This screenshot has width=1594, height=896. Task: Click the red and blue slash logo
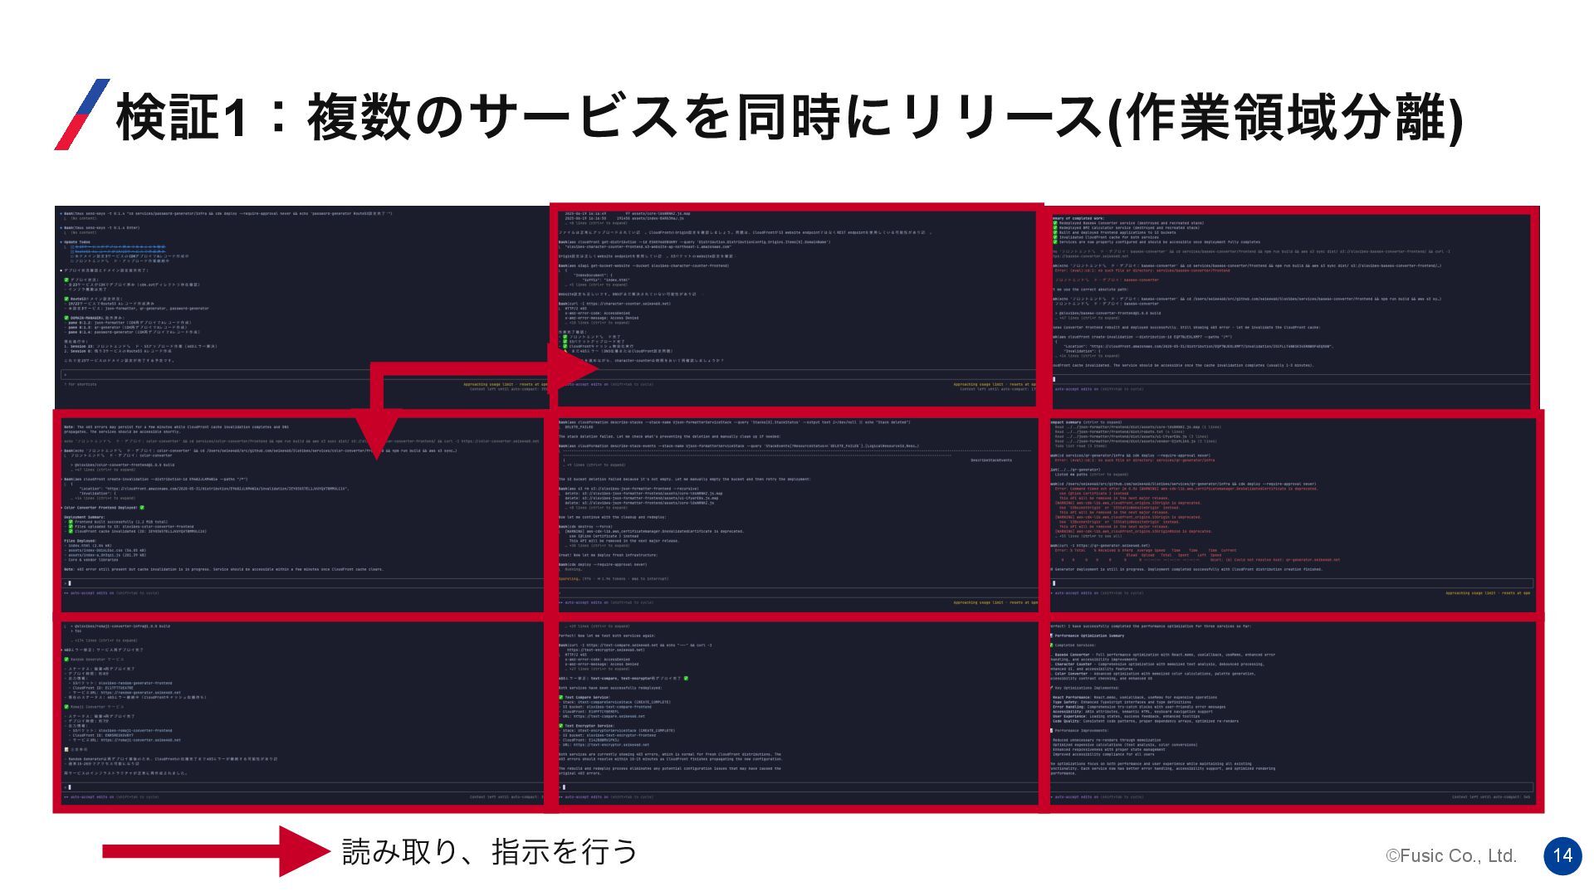click(81, 114)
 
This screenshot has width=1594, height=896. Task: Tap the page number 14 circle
click(1562, 855)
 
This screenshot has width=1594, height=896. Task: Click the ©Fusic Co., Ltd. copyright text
click(1451, 856)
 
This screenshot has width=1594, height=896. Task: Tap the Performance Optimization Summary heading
click(1088, 636)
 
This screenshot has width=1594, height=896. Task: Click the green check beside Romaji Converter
click(66, 707)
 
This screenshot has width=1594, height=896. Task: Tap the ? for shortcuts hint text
click(81, 385)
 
